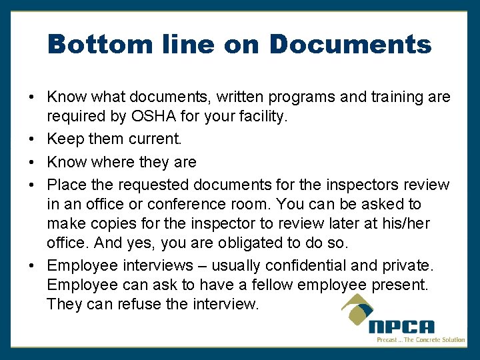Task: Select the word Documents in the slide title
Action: pos(350,45)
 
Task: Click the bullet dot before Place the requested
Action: pos(33,184)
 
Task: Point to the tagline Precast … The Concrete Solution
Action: pos(421,340)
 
